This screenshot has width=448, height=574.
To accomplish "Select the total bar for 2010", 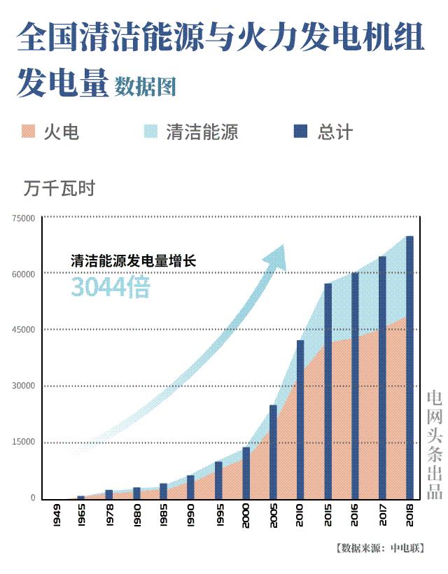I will [x=300, y=420].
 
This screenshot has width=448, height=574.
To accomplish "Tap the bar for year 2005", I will [x=273, y=451].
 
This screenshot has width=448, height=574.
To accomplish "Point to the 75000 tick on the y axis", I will [x=23, y=218].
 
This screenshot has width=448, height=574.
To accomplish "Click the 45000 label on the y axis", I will [x=23, y=330].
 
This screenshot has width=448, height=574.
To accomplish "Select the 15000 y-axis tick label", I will [x=23, y=442].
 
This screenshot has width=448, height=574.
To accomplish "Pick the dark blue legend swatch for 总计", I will [x=301, y=132].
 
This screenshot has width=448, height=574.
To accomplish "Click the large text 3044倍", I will [x=110, y=287].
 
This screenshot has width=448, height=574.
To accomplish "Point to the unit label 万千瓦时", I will [x=58, y=188].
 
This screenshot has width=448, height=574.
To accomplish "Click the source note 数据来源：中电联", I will [x=379, y=548].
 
